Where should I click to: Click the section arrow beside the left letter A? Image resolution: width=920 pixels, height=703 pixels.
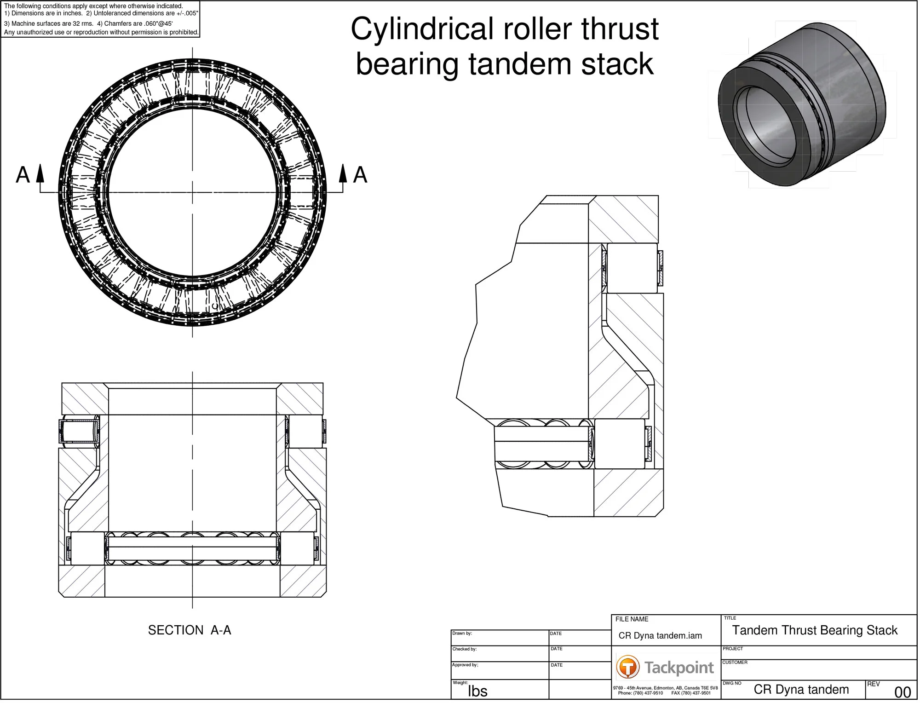(40, 174)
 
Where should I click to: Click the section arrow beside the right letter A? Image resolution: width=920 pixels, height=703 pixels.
(343, 174)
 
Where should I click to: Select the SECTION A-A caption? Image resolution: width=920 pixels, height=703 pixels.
(190, 631)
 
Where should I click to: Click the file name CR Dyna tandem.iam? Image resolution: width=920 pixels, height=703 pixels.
(661, 637)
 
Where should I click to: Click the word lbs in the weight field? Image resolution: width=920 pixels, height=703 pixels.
(478, 692)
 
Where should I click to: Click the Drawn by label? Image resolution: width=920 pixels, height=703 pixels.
(462, 634)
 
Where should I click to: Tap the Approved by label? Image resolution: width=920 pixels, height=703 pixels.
(465, 666)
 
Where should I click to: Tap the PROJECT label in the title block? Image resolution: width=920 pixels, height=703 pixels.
(734, 650)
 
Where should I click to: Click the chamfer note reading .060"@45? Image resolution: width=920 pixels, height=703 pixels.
(158, 24)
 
